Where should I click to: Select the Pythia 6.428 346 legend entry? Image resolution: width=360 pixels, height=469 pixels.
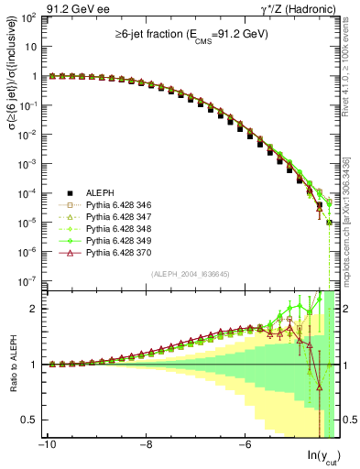[x=100, y=205]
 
